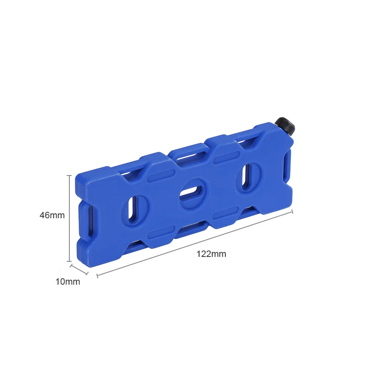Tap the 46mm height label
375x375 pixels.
52,215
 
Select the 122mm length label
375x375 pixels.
211,254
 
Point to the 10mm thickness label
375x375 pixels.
68,282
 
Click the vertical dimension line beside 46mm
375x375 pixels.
70,218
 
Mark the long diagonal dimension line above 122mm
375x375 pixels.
194,244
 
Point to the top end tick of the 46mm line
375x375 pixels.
70,175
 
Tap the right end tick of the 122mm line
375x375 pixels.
292,212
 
